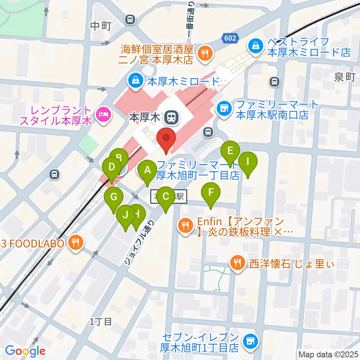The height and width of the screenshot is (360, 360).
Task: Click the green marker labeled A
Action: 147,171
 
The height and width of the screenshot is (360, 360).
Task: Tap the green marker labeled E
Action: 230,151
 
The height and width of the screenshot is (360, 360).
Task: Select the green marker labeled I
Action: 248,162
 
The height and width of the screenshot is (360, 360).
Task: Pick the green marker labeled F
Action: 211,193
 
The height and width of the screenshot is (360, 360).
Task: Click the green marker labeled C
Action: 165,196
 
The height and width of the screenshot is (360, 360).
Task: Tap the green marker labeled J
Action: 126,215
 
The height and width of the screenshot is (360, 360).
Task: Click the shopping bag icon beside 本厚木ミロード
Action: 133,79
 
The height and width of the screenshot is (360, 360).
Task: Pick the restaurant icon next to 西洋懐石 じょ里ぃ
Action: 237,263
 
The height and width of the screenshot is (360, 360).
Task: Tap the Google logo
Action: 25,351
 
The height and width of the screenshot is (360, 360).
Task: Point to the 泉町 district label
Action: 344,77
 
